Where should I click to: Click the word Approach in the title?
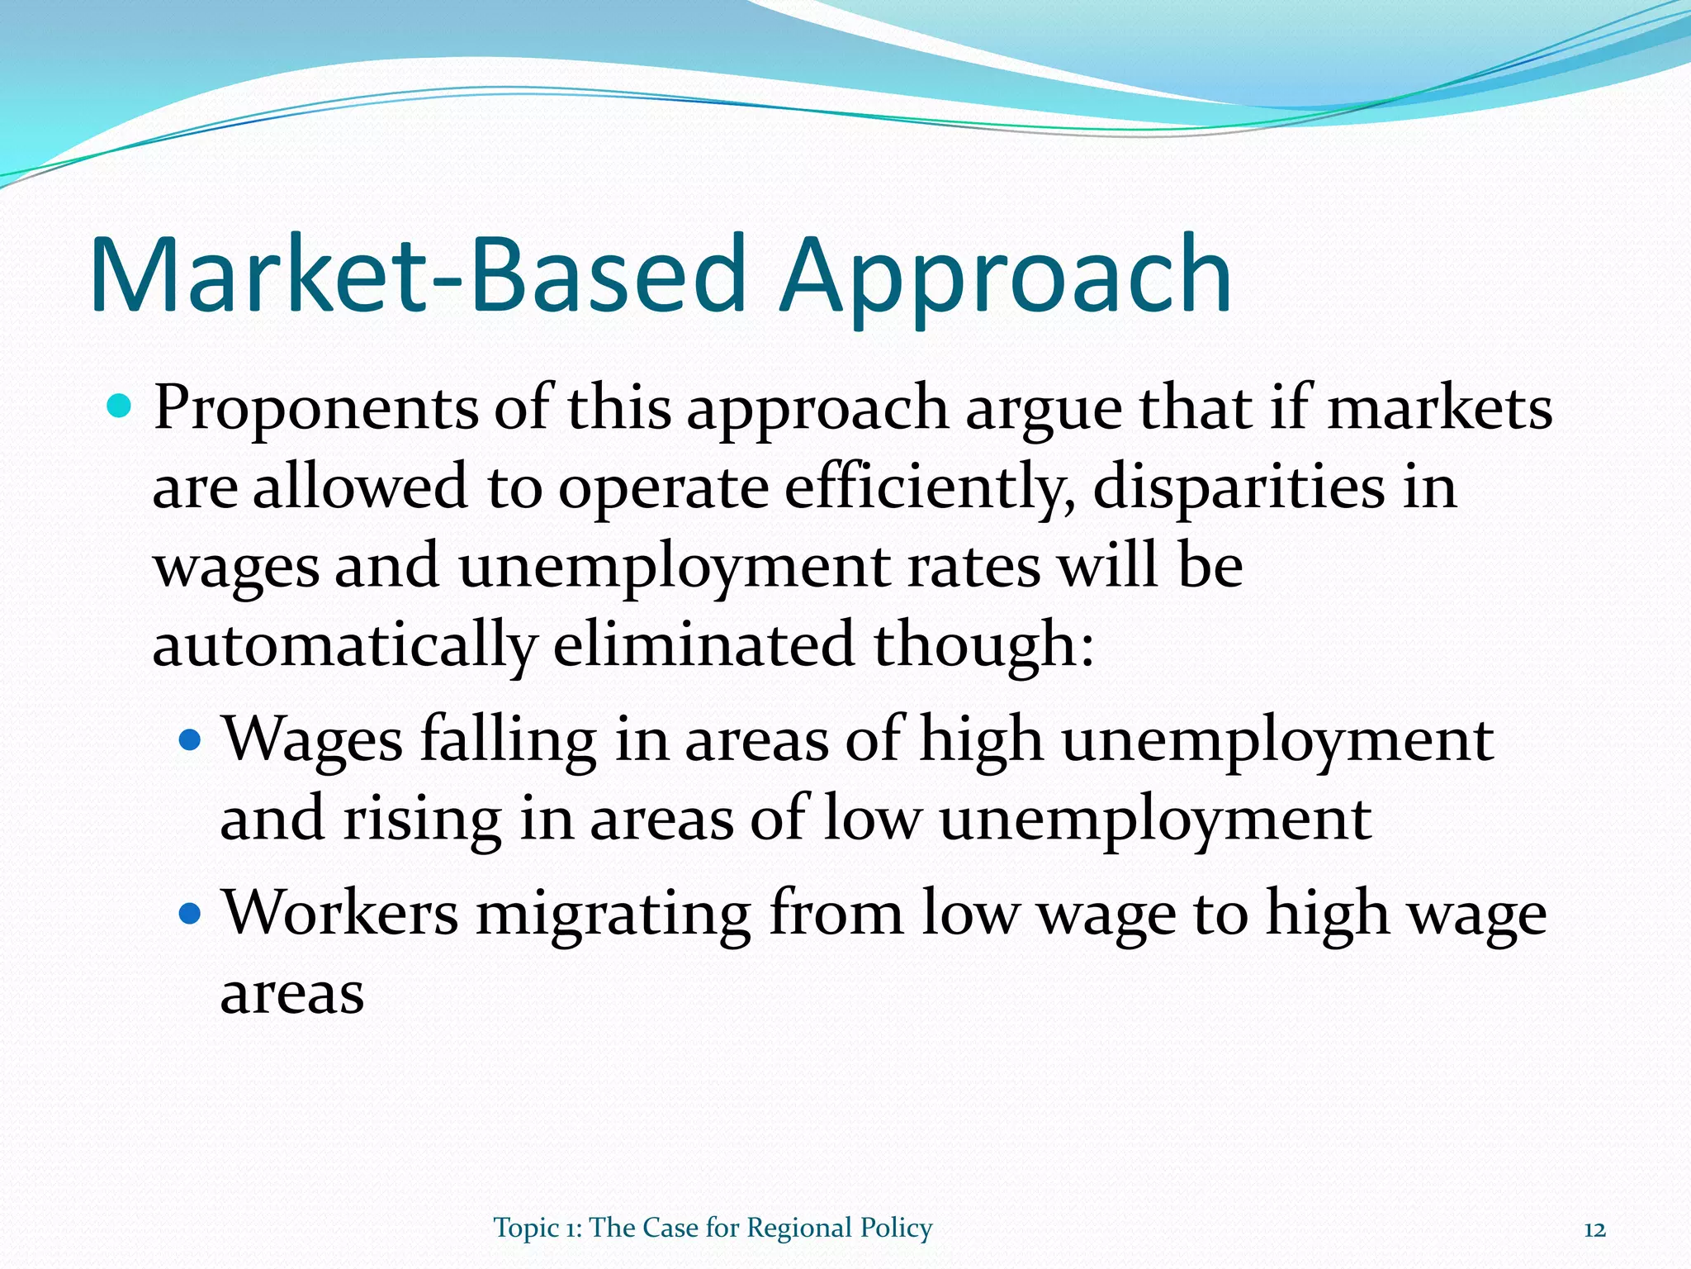coord(1006,277)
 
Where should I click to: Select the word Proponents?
coord(315,408)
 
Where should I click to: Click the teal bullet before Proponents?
coord(121,406)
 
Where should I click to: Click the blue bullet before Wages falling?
coord(190,739)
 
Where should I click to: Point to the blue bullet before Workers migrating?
coord(190,914)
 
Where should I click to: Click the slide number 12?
coord(1594,1230)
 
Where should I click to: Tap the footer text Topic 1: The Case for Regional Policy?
coord(713,1229)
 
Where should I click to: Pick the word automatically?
coord(344,647)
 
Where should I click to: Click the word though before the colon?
coord(974,647)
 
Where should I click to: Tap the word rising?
coord(422,820)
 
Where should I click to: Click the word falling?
coord(509,740)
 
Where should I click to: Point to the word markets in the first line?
coord(1438,408)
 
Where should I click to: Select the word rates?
coord(973,568)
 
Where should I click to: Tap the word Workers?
coord(340,914)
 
